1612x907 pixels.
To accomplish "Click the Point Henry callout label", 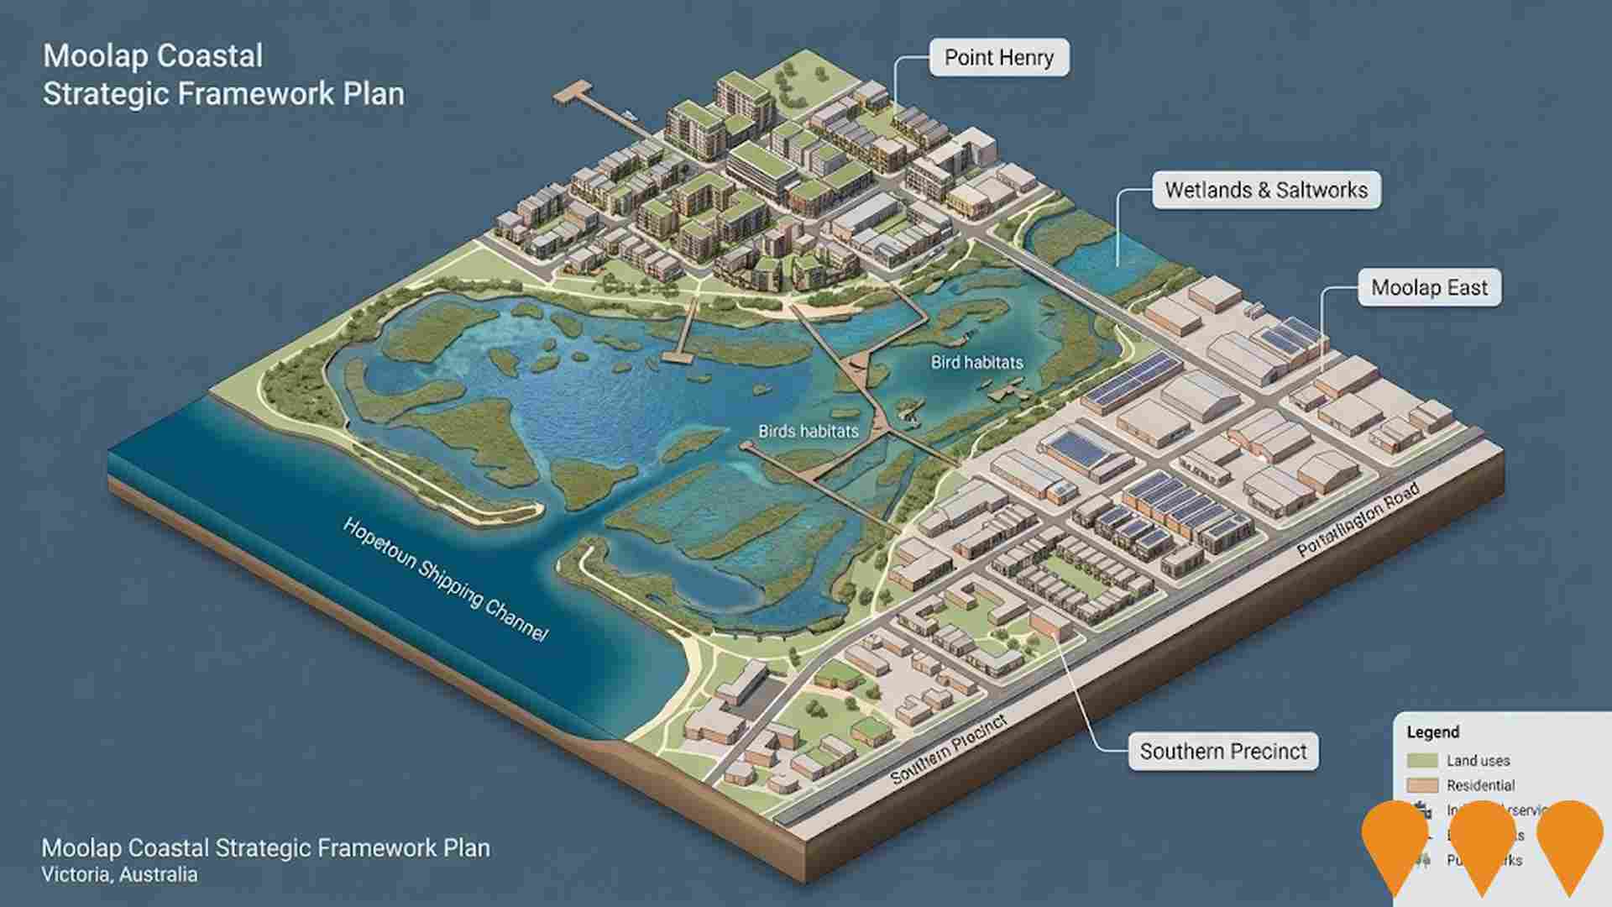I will point(998,58).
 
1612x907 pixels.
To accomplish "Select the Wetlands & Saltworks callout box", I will point(1265,191).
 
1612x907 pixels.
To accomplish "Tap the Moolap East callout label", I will point(1429,288).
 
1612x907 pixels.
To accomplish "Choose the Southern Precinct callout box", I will point(1222,751).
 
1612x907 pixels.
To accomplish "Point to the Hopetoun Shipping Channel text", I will point(445,579).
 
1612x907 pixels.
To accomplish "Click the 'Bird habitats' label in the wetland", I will point(976,363).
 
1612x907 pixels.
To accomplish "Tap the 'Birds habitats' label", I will point(808,432).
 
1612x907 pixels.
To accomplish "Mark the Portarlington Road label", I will point(1358,521).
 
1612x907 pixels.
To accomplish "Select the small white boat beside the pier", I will point(629,113).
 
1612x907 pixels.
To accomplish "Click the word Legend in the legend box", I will point(1433,732).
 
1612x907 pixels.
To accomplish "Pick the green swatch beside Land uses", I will point(1422,761).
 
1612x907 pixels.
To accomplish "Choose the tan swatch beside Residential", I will point(1422,786).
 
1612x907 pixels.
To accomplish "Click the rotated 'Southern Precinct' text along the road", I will point(948,750).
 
